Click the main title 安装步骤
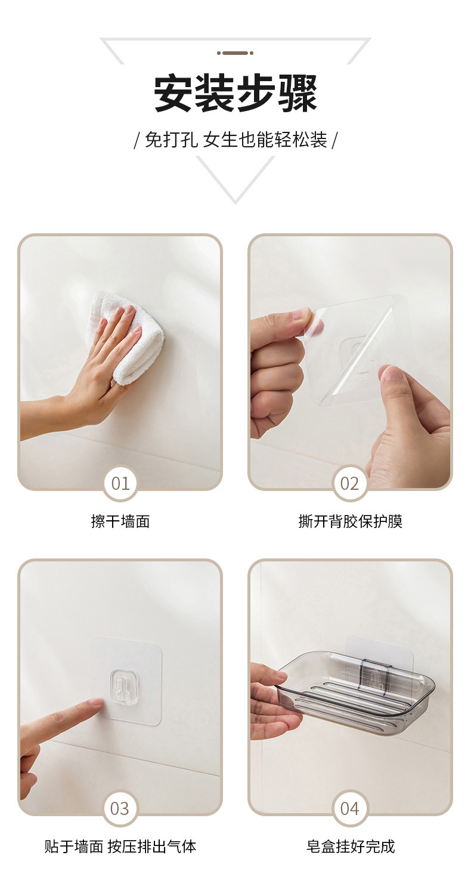point(235,94)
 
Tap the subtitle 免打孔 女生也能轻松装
point(235,140)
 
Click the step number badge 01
point(120,483)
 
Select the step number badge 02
point(349,483)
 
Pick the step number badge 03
point(120,808)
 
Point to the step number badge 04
point(349,808)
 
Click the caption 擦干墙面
point(120,521)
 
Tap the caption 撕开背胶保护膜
point(350,521)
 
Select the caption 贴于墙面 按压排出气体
point(120,846)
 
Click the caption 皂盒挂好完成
point(350,846)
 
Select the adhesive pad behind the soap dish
point(380,647)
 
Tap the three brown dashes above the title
point(235,53)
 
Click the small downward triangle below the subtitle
point(235,179)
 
